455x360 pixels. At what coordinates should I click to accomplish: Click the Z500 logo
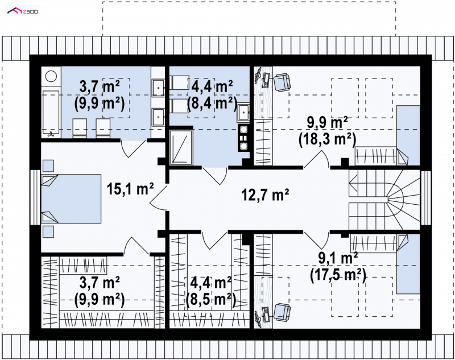[23, 11]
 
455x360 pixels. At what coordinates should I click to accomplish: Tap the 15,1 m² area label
[130, 189]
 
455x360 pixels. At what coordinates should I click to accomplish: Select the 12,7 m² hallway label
[265, 195]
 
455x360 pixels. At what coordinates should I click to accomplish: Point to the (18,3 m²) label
[328, 139]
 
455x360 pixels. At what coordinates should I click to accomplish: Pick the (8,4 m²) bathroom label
[212, 103]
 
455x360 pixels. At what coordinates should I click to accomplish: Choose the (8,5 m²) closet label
[210, 299]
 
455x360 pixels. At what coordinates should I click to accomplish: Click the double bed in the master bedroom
[71, 198]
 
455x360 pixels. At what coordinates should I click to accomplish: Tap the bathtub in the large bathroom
[51, 113]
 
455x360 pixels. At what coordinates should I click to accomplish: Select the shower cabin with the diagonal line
[181, 147]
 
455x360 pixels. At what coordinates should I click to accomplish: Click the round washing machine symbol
[51, 77]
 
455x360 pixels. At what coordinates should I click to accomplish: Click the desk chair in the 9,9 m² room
[282, 81]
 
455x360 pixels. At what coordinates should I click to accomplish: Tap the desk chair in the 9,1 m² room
[282, 312]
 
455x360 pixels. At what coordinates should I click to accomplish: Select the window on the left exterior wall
[35, 197]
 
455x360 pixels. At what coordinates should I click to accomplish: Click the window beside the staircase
[426, 198]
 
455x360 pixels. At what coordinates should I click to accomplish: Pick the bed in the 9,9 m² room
[408, 135]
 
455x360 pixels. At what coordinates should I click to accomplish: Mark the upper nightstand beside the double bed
[48, 165]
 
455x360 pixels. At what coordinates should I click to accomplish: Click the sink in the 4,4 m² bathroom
[243, 113]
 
